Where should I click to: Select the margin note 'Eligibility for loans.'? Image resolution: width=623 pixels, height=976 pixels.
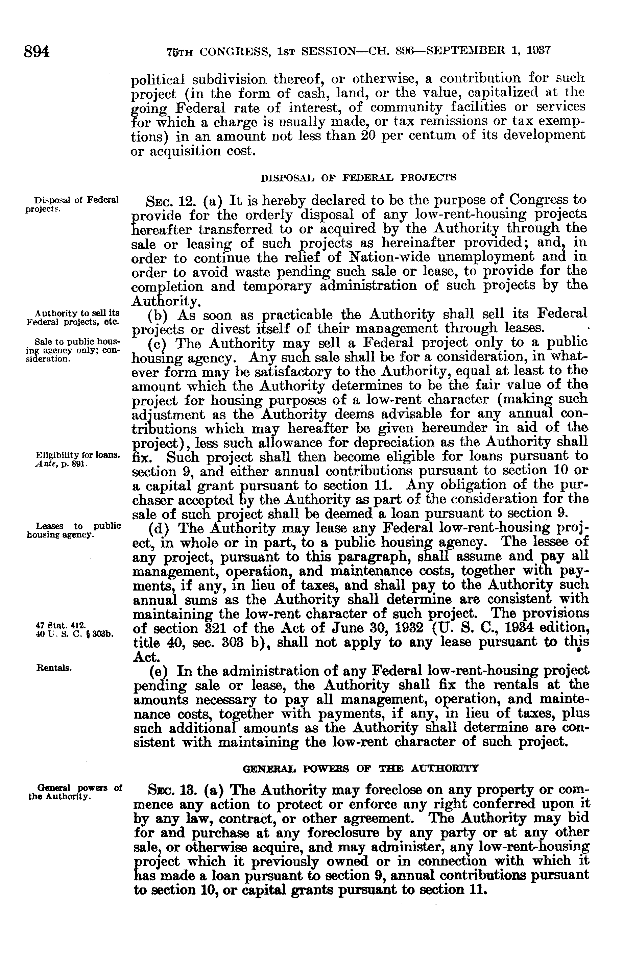[x=77, y=455]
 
